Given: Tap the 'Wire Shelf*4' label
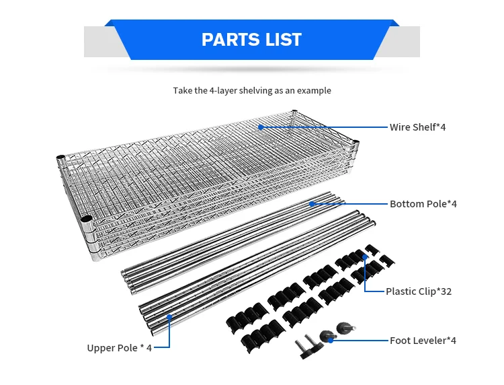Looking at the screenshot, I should click(x=417, y=127).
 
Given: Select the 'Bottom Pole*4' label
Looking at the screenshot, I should click(x=423, y=204).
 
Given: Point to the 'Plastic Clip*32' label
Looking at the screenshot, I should click(x=418, y=291).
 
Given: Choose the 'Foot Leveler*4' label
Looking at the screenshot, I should click(x=423, y=341).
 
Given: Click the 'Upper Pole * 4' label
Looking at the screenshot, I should click(x=119, y=348).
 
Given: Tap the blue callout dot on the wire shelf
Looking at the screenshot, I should click(x=259, y=127).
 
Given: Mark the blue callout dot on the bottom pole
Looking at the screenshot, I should click(x=312, y=203).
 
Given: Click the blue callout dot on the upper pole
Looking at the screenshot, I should click(x=169, y=316).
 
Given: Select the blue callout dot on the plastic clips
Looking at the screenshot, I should click(x=365, y=256).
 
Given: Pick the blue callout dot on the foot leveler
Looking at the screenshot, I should click(x=331, y=340).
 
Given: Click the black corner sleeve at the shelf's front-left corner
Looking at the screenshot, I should click(x=86, y=219).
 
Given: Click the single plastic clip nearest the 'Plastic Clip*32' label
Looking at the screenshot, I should click(x=387, y=259).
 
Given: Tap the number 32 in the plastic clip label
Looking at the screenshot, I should click(x=445, y=291).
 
